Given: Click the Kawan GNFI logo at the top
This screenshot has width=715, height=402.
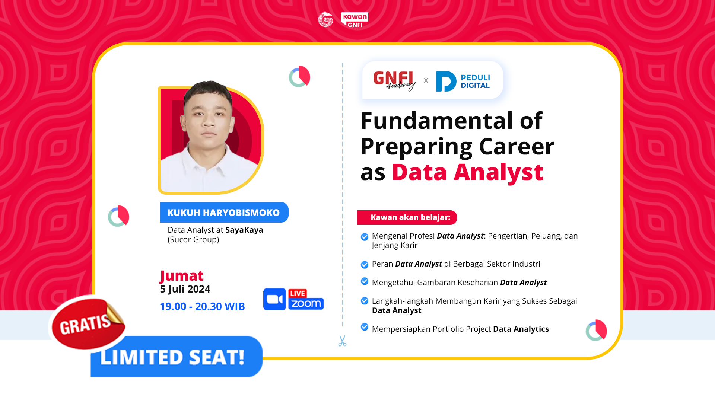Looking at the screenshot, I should tap(354, 20).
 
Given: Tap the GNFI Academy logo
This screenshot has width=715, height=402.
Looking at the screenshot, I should tap(394, 80).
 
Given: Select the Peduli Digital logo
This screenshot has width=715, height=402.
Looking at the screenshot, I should tap(463, 81).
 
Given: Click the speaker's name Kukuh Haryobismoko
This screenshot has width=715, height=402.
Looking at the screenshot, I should tap(223, 213).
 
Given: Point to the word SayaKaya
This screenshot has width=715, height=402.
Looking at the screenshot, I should tap(244, 230).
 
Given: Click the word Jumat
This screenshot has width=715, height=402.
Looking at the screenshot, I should tap(182, 275).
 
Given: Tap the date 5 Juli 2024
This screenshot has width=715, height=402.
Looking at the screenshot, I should tap(185, 289).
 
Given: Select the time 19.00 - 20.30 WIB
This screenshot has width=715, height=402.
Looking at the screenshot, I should tap(202, 306).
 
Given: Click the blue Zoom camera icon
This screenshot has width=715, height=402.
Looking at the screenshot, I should tap(274, 299).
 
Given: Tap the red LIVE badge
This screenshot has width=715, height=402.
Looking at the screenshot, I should tap(298, 293).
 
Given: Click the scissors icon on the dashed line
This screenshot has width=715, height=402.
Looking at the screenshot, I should tap(342, 341).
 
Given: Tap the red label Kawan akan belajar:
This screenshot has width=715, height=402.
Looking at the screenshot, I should tap(410, 217).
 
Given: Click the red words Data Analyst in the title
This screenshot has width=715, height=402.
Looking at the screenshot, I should tap(467, 172).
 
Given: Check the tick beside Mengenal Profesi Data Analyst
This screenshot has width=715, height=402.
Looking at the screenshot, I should tap(365, 237).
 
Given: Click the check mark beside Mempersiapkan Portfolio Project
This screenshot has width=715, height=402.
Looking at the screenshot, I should tap(365, 327).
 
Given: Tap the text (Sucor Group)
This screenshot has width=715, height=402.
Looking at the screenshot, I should tap(193, 240).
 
